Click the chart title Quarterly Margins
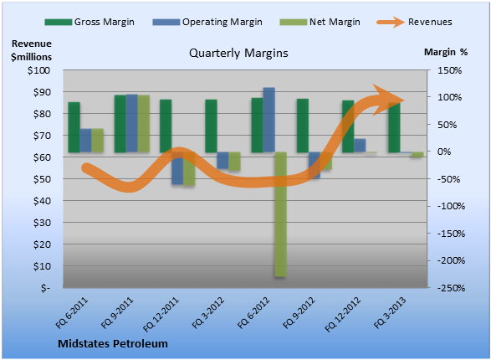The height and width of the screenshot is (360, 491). (238, 53)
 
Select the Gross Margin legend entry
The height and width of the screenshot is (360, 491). (90, 22)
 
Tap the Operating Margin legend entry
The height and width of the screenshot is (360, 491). (207, 22)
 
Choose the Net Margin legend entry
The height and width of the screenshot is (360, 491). (320, 22)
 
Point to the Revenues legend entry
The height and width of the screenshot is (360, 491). (414, 22)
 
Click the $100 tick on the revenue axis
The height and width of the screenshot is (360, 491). (38, 70)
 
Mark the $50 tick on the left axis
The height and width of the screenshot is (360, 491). (41, 179)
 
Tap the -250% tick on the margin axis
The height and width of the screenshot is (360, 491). (451, 288)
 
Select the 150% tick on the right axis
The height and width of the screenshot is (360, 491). (450, 70)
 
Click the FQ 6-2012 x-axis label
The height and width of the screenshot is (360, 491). (253, 312)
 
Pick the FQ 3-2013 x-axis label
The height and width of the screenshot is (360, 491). (390, 312)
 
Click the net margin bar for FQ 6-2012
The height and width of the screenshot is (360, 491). (280, 214)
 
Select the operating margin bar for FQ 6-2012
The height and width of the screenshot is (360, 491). (269, 120)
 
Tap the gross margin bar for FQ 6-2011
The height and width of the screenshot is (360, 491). (74, 127)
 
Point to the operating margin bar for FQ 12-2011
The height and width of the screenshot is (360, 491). (177, 168)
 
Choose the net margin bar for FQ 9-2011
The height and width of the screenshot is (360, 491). (144, 124)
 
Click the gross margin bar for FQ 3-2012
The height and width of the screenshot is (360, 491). (211, 126)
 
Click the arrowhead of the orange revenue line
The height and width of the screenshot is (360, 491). (388, 100)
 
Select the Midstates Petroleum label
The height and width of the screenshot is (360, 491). (113, 344)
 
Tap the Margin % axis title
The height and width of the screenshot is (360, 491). (446, 52)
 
